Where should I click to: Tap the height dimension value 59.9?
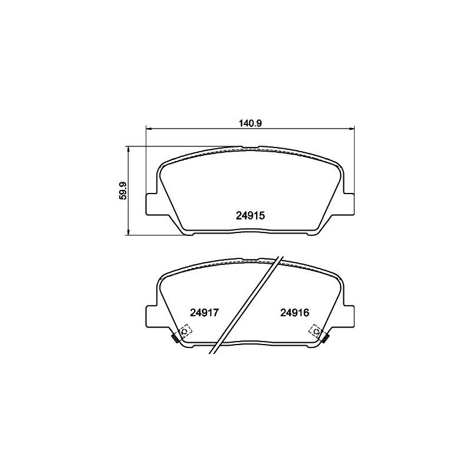[122, 191]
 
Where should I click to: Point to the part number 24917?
[204, 313]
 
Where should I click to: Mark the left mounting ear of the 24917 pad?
[152, 315]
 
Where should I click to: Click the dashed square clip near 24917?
[184, 331]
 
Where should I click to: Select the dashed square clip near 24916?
[316, 331]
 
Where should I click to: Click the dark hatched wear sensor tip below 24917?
[175, 338]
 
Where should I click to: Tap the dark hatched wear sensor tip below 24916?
[325, 338]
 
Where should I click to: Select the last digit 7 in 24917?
[217, 313]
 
